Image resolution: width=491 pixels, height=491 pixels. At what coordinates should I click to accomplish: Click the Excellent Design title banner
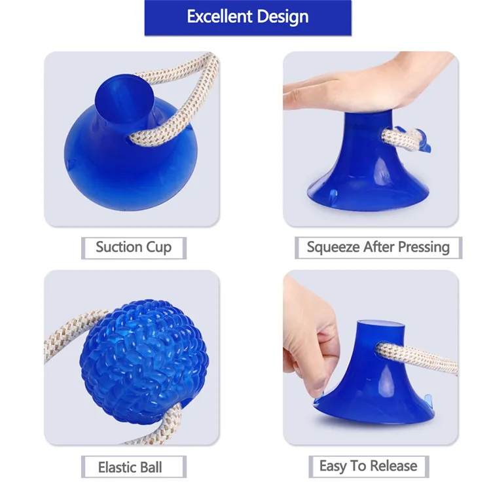point(247,18)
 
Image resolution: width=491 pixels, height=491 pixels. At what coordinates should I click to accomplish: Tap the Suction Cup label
point(134,247)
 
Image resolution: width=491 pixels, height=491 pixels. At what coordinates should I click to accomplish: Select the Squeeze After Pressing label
point(378,247)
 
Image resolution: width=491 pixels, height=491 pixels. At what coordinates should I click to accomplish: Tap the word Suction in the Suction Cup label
point(118,247)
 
